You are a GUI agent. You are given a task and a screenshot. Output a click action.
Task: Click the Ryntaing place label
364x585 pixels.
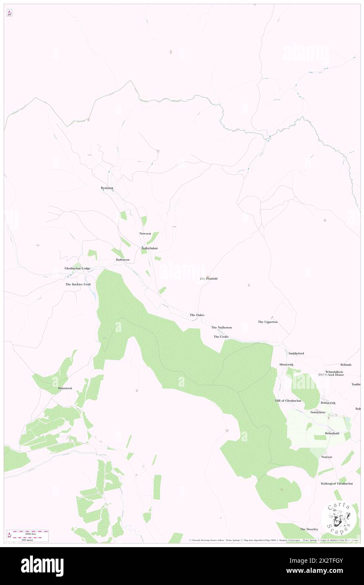(107, 188)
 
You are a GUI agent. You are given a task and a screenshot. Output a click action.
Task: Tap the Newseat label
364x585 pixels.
(145, 234)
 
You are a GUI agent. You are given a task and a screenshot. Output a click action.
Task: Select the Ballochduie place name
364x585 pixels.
(150, 248)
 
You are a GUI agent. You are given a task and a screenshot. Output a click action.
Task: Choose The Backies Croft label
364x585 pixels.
(78, 285)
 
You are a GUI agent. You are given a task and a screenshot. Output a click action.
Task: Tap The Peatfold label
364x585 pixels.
(209, 279)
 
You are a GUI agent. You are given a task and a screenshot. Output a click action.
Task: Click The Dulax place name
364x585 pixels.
(197, 315)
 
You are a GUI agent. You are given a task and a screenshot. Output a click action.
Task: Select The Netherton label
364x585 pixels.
(222, 327)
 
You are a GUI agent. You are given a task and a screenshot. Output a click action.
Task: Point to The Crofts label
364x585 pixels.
(221, 337)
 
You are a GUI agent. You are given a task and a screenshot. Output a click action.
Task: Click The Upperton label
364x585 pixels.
(268, 322)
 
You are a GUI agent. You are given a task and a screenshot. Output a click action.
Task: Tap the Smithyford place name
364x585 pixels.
(296, 354)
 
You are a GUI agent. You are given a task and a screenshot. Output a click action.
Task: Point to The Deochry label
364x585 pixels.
(309, 529)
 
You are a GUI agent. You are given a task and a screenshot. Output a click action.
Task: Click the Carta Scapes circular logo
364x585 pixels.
(339, 516)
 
